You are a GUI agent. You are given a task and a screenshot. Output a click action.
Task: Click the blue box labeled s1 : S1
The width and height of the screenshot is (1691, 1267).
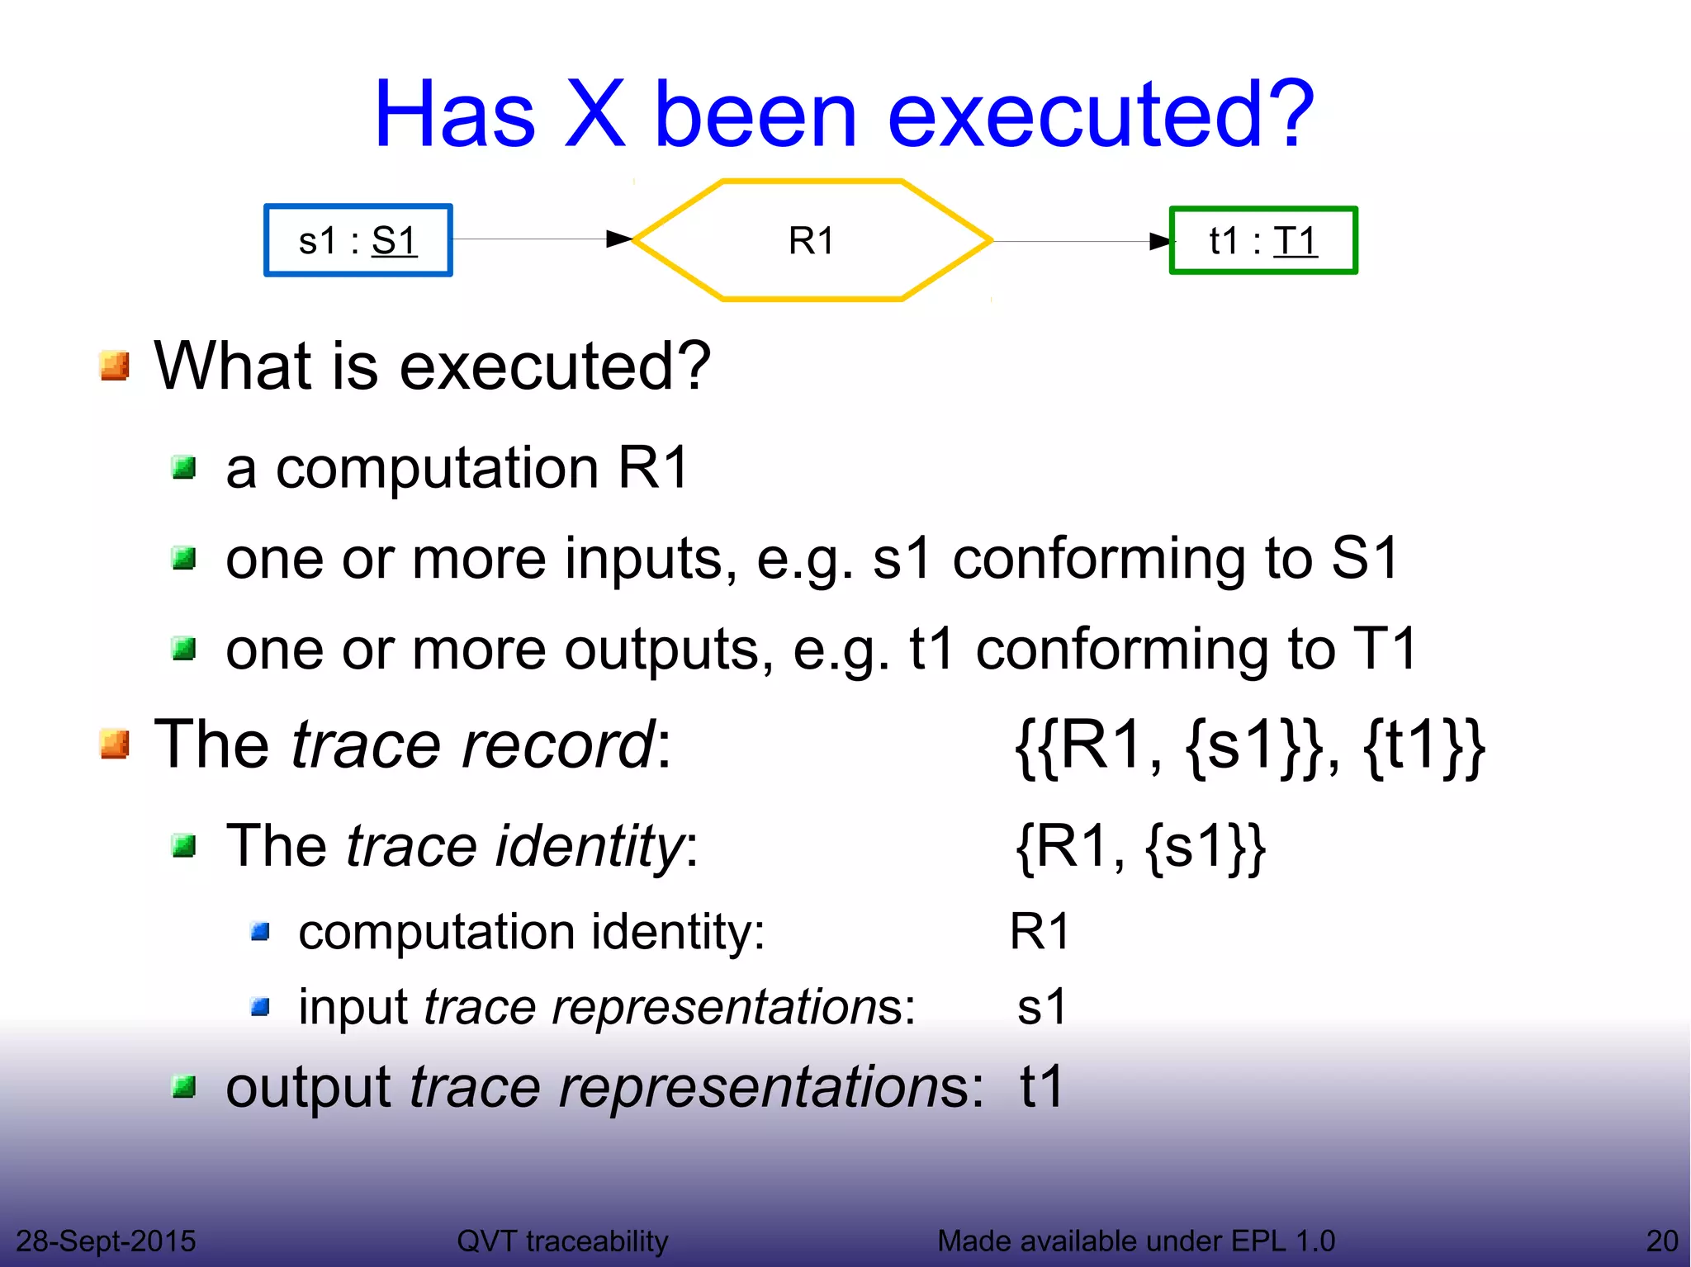(x=358, y=240)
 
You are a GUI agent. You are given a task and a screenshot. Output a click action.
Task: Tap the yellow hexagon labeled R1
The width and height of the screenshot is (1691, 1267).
(x=812, y=240)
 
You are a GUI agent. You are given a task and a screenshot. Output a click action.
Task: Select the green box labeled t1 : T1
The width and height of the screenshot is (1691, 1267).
(x=1262, y=240)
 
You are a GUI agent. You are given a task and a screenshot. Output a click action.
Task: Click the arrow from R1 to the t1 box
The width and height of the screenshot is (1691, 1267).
(x=1082, y=241)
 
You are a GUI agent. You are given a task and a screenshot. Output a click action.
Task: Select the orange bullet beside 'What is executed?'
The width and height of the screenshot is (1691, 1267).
(x=115, y=366)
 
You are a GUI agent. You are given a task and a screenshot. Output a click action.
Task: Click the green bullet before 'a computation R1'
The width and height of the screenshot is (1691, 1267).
(x=183, y=469)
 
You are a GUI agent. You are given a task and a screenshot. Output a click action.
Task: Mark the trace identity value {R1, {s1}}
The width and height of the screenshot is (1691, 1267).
(x=1140, y=847)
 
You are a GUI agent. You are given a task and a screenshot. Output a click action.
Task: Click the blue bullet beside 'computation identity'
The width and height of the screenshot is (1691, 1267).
(x=261, y=933)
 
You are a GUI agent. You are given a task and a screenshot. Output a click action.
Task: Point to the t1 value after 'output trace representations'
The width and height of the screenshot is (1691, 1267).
(x=1042, y=1086)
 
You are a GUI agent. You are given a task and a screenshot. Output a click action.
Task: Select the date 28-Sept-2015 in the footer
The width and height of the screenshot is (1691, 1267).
(x=106, y=1241)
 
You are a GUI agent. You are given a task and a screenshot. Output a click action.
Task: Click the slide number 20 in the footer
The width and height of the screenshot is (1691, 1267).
(x=1661, y=1241)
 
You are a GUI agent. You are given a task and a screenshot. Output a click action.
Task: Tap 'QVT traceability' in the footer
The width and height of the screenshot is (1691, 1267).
(x=562, y=1241)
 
